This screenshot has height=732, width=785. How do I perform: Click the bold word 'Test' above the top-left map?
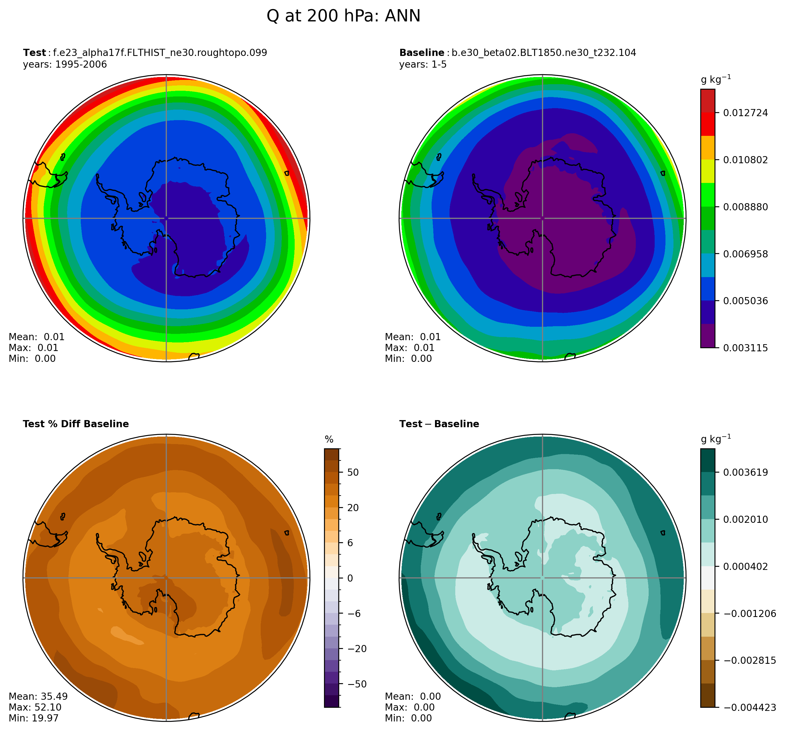[34, 53]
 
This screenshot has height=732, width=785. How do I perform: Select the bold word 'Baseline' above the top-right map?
[421, 53]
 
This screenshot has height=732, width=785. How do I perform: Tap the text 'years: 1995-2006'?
[65, 64]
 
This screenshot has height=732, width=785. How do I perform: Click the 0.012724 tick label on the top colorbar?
[745, 113]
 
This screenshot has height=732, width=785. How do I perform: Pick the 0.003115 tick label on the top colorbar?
[745, 348]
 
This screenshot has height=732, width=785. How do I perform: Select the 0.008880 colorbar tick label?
[745, 207]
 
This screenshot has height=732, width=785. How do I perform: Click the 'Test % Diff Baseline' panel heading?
[76, 424]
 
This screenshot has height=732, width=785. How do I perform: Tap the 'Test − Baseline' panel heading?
[439, 424]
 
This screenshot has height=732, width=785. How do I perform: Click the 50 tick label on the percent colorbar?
[353, 473]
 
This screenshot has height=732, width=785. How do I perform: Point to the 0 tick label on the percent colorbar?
[350, 578]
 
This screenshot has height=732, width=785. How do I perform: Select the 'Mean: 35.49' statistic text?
[38, 696]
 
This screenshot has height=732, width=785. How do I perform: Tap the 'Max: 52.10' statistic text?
[35, 707]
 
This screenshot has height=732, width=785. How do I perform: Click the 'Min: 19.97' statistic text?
[34, 718]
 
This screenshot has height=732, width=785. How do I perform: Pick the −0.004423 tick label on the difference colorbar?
[749, 707]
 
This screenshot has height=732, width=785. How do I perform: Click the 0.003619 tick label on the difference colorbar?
[745, 473]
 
